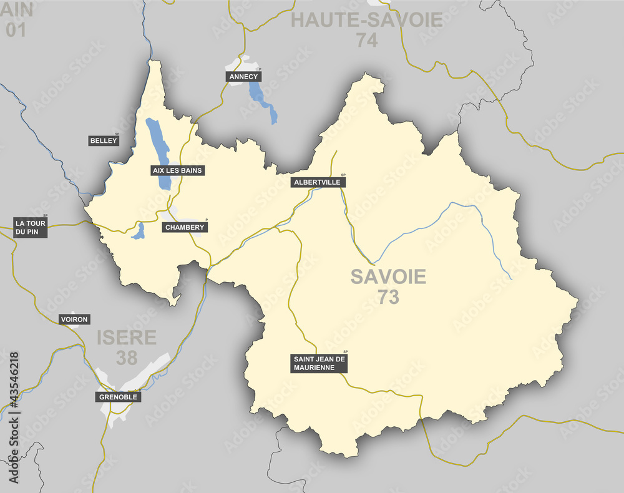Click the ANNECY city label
(x=243, y=77)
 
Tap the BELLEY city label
(x=104, y=141)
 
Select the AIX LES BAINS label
(x=178, y=170)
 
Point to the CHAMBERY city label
(x=185, y=227)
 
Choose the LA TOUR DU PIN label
(x=31, y=227)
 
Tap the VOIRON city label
(x=74, y=320)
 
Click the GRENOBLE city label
(x=117, y=397)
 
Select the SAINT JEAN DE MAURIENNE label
(x=319, y=363)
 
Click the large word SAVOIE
(x=388, y=276)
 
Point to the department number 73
(x=388, y=298)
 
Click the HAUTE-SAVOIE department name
(x=367, y=20)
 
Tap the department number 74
(x=368, y=41)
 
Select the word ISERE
(x=127, y=338)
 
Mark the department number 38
(x=127, y=358)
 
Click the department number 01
(x=16, y=29)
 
